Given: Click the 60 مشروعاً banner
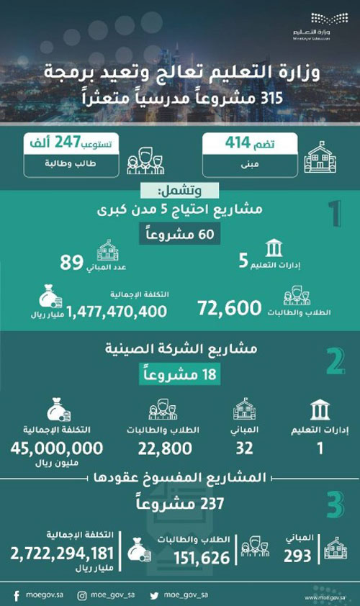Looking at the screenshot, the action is coord(180,235).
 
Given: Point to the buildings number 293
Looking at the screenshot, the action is coord(297,556).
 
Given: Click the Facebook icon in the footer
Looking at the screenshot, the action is coord(16,595).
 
